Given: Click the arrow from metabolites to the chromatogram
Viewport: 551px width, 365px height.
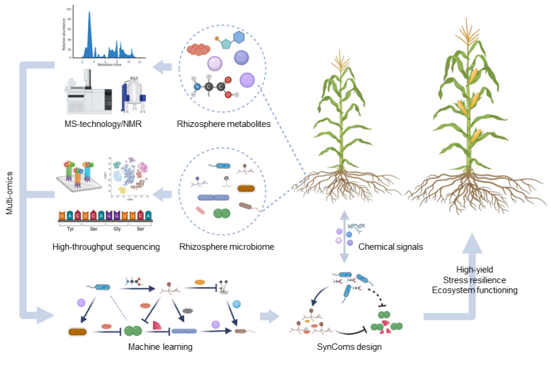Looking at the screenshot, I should pyautogui.click(x=163, y=66).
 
